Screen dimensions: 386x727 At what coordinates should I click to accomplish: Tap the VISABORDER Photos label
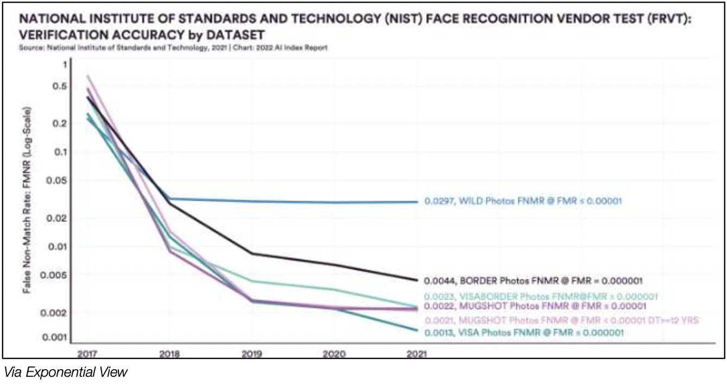coord(542,296)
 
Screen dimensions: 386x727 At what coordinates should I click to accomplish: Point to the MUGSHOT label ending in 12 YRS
coord(561,320)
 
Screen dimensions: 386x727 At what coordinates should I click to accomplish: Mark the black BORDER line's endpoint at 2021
coord(417,281)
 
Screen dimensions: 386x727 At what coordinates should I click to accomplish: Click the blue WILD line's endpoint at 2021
coord(417,201)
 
